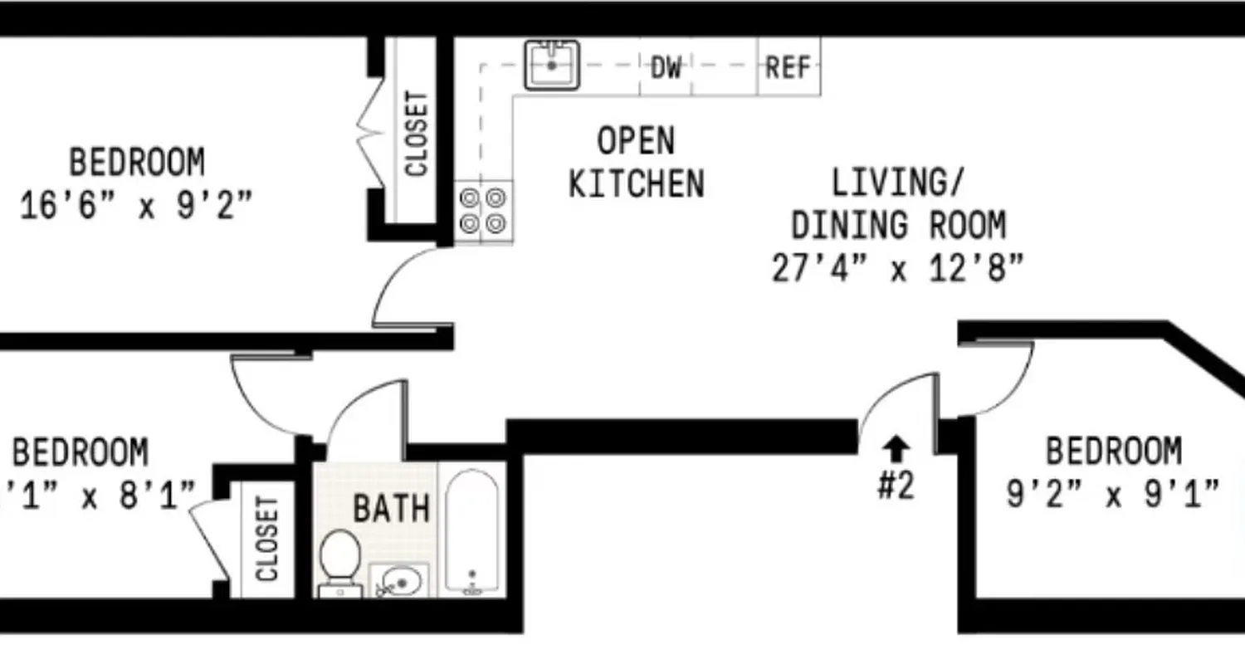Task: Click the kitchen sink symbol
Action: [x=551, y=65]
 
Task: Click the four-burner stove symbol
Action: [x=483, y=211]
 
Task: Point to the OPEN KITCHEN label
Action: [x=636, y=163]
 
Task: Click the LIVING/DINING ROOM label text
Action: [x=898, y=204]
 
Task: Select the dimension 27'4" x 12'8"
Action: [x=898, y=269]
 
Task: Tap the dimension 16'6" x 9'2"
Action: [x=136, y=204]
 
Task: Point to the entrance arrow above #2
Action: [x=896, y=450]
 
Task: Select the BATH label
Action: [x=392, y=508]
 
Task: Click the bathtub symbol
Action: [x=471, y=531]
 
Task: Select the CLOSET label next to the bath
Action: [x=266, y=539]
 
